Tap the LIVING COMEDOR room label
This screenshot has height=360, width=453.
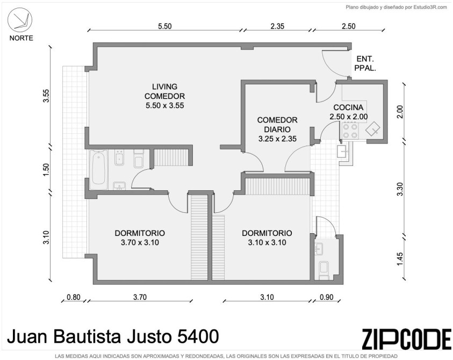[164, 96]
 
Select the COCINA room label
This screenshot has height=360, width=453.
[348, 107]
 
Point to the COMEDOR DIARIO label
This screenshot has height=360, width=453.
[277, 125]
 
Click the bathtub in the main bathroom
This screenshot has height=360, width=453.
[98, 170]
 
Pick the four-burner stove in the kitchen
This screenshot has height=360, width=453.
[350, 131]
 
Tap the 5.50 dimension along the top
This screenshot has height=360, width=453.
[164, 26]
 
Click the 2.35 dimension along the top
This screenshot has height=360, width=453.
[277, 26]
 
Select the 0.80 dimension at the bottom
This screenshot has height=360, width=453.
[74, 297]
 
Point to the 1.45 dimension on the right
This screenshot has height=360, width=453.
[400, 260]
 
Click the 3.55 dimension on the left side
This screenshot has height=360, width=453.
[46, 96]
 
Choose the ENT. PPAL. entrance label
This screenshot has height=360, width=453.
[365, 64]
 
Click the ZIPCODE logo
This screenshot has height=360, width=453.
[406, 339]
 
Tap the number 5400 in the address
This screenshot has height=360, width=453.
[198, 336]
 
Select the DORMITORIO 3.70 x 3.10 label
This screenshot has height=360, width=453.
[140, 238]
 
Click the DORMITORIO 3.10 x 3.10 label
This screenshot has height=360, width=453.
[267, 238]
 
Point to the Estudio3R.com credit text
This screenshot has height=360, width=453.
[430, 8]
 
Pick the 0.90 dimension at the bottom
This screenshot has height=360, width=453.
[327, 297]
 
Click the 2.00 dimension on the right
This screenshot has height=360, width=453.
[400, 112]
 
